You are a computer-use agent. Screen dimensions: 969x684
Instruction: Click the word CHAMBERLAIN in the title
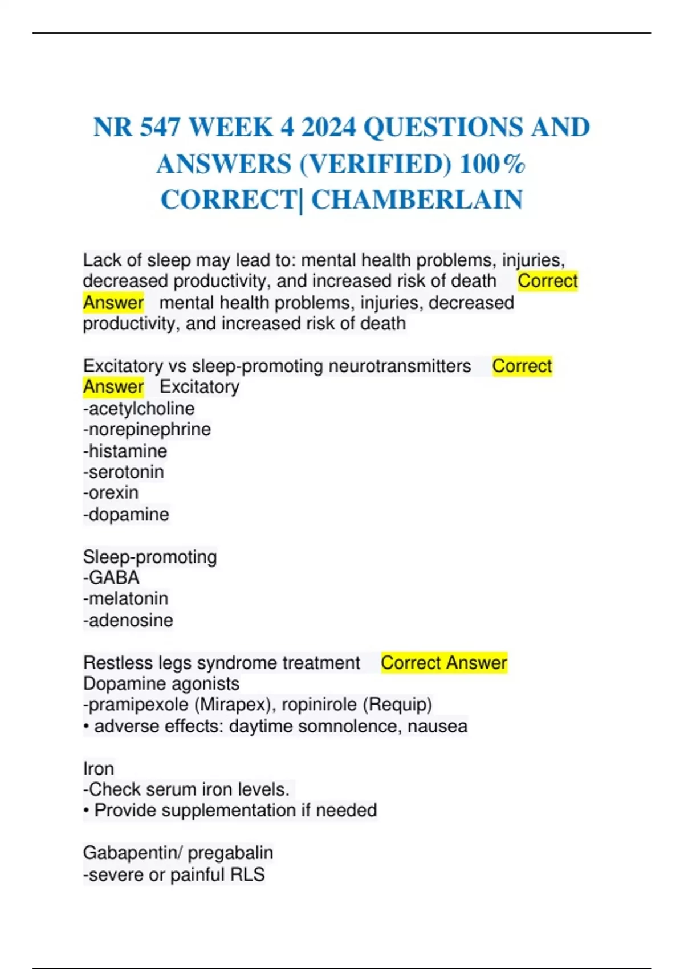[x=417, y=200]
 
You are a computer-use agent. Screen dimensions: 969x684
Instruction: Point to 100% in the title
[x=492, y=164]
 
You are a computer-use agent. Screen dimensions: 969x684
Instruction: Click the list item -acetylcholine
[x=139, y=408]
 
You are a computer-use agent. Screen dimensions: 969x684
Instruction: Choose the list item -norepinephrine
[x=146, y=429]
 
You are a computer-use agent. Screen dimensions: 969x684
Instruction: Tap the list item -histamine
[x=125, y=451]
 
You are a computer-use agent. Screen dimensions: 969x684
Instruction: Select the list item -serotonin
[x=123, y=472]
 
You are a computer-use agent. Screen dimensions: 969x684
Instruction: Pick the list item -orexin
[x=111, y=492]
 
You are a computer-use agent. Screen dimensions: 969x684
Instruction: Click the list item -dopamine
[x=126, y=514]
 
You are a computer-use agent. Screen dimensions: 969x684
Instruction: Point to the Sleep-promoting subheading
[x=150, y=557]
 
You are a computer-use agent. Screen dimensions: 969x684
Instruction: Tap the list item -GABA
[x=111, y=577]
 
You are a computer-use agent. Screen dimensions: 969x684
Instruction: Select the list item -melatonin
[x=125, y=598]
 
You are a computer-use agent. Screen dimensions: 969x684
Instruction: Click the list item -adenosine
[x=128, y=620]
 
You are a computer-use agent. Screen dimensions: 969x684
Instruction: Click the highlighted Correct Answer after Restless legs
[x=443, y=663]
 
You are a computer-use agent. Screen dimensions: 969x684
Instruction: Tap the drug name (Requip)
[x=397, y=705]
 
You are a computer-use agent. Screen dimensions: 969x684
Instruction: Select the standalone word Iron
[x=99, y=768]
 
